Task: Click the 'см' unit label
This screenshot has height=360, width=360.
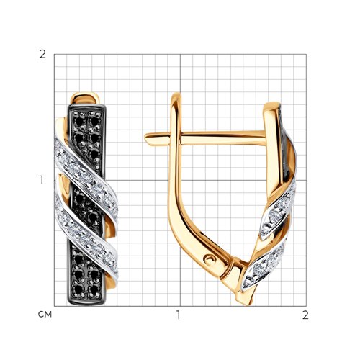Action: (x=45, y=314)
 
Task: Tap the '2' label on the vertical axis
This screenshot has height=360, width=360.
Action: (x=42, y=55)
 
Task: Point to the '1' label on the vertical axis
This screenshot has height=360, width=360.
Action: (x=42, y=180)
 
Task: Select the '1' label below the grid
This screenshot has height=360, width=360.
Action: (x=178, y=315)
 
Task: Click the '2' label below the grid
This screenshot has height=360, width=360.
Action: (x=305, y=315)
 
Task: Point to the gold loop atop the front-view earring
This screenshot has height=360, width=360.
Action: (x=85, y=98)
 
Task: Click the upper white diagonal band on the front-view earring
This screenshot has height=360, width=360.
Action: (x=86, y=179)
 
